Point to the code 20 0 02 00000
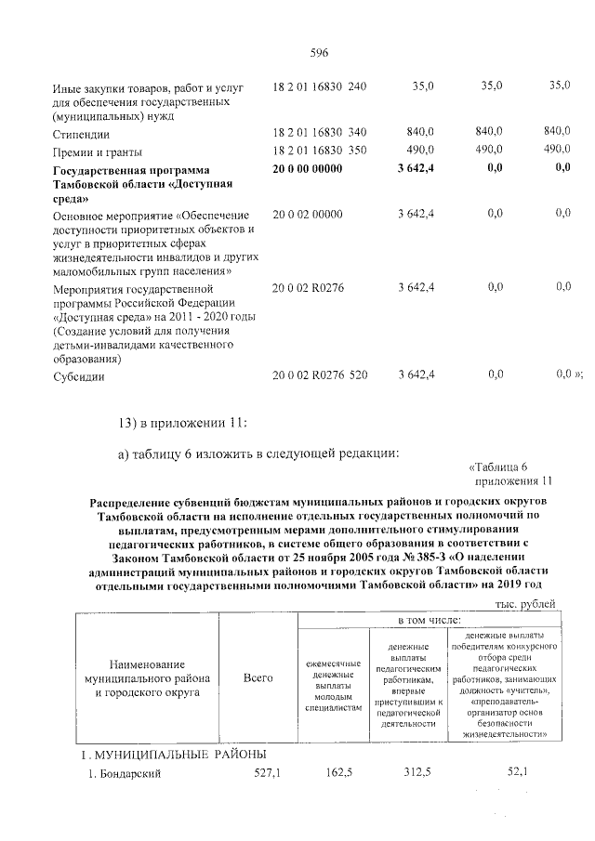tap(308, 214)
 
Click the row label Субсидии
tap(78, 376)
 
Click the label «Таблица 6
tap(498, 466)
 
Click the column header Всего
tap(258, 678)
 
